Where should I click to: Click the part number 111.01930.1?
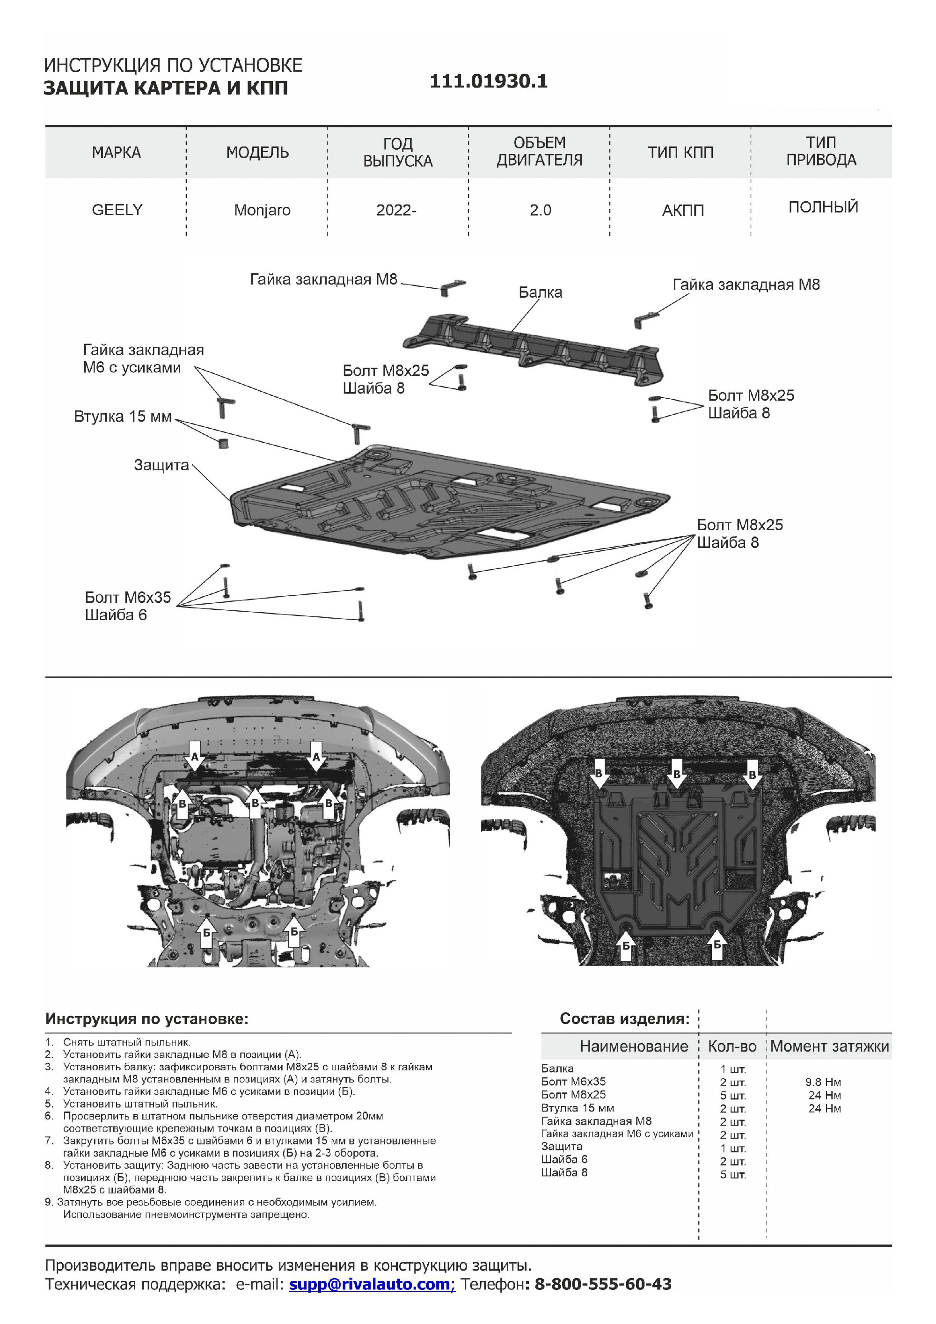[489, 81]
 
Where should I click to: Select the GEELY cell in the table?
[117, 210]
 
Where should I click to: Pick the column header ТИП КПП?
[680, 153]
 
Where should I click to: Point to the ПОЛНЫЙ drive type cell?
[823, 207]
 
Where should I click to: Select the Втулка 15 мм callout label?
[123, 417]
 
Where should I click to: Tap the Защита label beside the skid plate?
[161, 465]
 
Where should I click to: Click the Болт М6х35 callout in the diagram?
[128, 597]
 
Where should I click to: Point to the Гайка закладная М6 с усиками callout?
[143, 358]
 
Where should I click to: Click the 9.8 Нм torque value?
[823, 1083]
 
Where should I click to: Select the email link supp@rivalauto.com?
[372, 1284]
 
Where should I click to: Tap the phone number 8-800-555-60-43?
[603, 1284]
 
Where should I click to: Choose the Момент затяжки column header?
[829, 1046]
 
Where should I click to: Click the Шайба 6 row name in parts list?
[564, 1159]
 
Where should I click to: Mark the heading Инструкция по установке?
[147, 1019]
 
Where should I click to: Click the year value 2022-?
[396, 210]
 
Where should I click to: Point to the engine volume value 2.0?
[541, 210]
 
